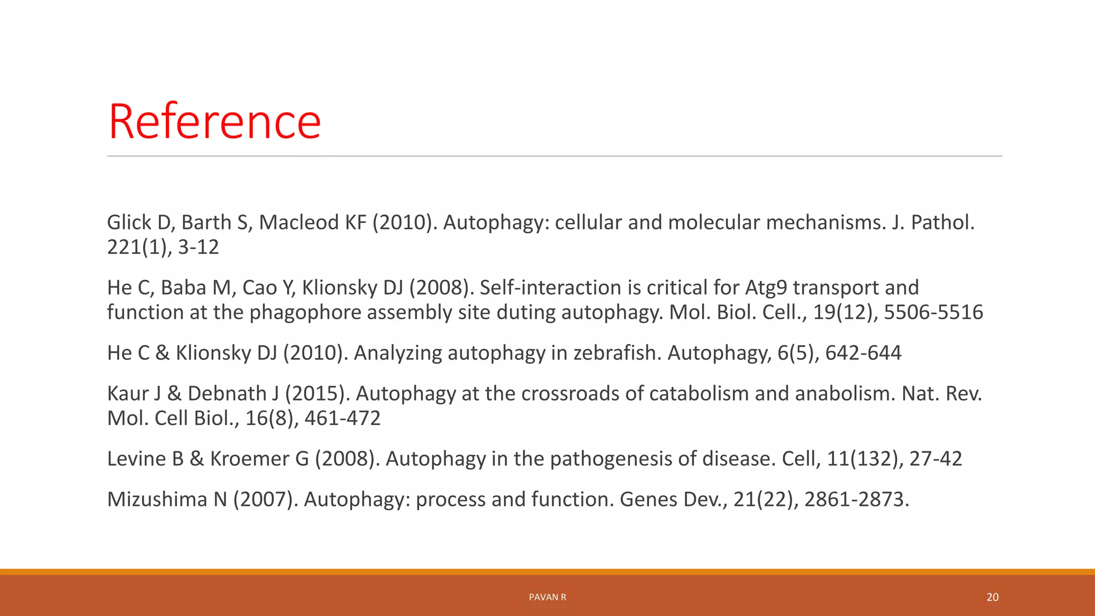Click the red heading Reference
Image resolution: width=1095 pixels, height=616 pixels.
pyautogui.click(x=214, y=122)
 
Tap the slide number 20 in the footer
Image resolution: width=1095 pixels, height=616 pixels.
pyautogui.click(x=992, y=597)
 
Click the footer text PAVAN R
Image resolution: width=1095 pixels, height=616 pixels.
pyautogui.click(x=547, y=597)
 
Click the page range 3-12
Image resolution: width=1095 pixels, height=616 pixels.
pyautogui.click(x=198, y=247)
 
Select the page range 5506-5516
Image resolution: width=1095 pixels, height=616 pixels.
pyautogui.click(x=933, y=312)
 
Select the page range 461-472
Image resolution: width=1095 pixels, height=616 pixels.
pyautogui.click(x=342, y=418)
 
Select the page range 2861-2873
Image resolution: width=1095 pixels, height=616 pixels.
pyautogui.click(x=856, y=499)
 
